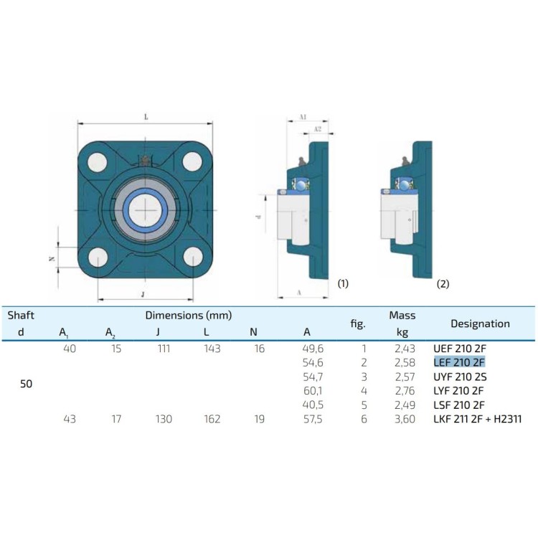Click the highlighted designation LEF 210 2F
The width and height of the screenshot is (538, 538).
(x=460, y=362)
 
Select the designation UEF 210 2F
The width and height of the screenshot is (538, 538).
(x=460, y=349)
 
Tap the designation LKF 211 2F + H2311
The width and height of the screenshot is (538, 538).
(x=477, y=419)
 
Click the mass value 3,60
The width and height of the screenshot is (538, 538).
(x=405, y=419)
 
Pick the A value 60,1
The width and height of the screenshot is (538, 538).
(x=313, y=391)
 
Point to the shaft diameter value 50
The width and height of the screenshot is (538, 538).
(x=26, y=383)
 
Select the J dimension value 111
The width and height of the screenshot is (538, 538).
(x=158, y=349)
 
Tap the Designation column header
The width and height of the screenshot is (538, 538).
(x=479, y=324)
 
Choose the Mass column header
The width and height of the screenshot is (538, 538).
(x=402, y=315)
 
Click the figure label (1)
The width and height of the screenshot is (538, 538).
(x=342, y=284)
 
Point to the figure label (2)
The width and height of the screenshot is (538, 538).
(x=443, y=284)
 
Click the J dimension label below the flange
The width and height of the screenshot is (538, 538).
(x=143, y=293)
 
